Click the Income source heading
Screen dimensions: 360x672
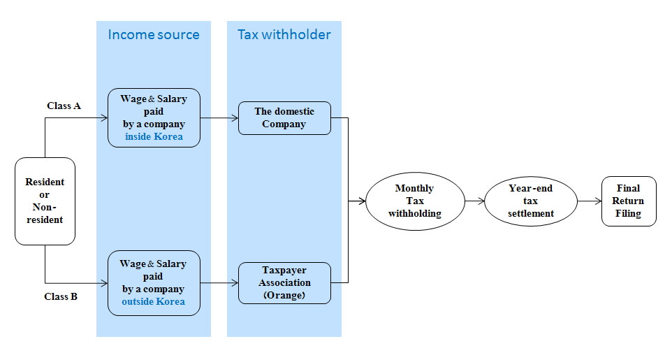point(153,34)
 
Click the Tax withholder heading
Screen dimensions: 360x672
point(284,34)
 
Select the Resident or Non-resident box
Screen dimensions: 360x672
point(45,201)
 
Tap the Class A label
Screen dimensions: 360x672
point(64,106)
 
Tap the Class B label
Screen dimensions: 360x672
point(61,296)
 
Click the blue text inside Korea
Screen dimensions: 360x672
point(154,136)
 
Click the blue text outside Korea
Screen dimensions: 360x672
point(154,301)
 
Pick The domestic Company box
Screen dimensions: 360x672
point(284,117)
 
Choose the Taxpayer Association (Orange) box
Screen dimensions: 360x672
point(284,282)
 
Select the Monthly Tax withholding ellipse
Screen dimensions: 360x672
point(414,201)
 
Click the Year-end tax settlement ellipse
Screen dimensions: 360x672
point(531,201)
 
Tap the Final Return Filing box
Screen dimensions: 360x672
point(629,201)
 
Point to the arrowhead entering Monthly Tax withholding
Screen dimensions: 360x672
point(363,201)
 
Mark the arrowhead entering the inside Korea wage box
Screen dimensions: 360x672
point(104,118)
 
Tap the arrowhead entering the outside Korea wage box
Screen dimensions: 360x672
point(104,283)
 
